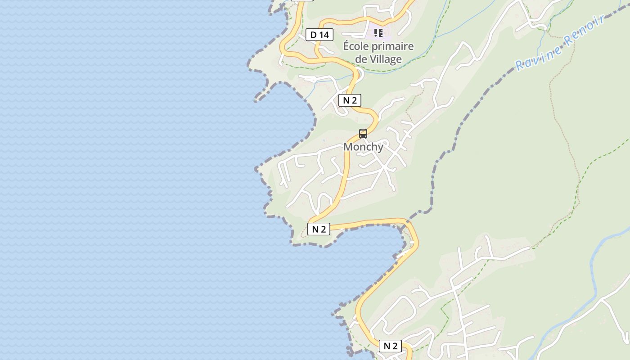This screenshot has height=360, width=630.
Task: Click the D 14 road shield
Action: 319,35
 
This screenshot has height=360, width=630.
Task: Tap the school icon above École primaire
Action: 378,32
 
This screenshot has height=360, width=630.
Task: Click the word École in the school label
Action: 356,46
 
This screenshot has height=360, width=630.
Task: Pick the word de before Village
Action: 361,59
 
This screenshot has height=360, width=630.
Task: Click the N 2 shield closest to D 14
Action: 350,100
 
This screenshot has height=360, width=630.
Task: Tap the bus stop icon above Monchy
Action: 363,134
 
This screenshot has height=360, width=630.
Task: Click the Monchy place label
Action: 363,147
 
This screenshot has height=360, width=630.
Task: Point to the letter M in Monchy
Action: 348,147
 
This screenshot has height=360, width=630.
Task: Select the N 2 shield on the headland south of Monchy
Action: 319,229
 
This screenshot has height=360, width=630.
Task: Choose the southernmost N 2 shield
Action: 390,346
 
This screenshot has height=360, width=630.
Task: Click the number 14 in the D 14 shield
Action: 325,35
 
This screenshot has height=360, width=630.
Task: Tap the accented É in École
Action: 346,46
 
